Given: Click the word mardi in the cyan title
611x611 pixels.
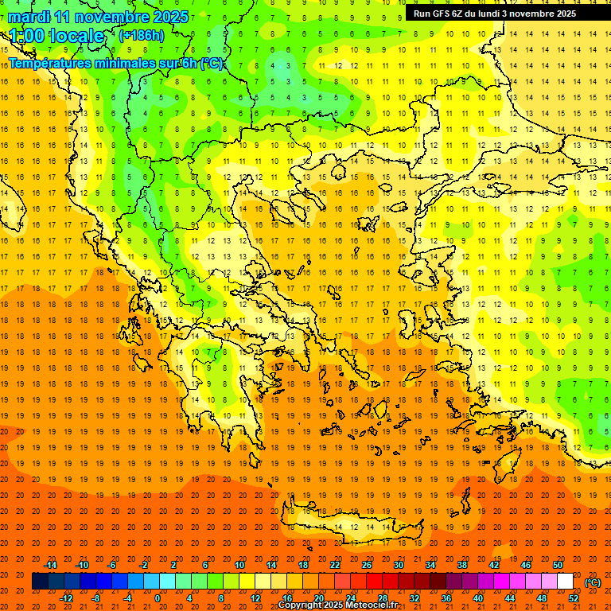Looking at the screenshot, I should [29, 17].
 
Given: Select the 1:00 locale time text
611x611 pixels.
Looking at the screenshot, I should [56, 36].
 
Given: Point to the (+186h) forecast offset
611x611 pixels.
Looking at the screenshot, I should [142, 36].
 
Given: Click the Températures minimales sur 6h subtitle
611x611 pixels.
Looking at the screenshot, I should [115, 63].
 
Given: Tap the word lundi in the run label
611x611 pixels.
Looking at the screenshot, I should [498, 14].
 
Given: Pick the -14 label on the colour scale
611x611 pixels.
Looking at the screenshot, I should [50, 565].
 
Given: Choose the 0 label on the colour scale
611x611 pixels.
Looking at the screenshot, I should [158, 598].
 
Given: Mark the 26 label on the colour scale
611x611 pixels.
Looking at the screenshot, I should [368, 565].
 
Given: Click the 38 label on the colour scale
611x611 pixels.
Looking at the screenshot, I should [461, 565].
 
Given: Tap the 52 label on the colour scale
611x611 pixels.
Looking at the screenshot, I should [573, 598].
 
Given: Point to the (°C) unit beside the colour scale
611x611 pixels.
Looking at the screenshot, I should [592, 582].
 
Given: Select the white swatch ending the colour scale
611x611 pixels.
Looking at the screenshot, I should [565, 582].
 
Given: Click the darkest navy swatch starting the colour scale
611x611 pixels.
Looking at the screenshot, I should [40, 582].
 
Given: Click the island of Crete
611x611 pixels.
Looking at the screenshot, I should [350, 525].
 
